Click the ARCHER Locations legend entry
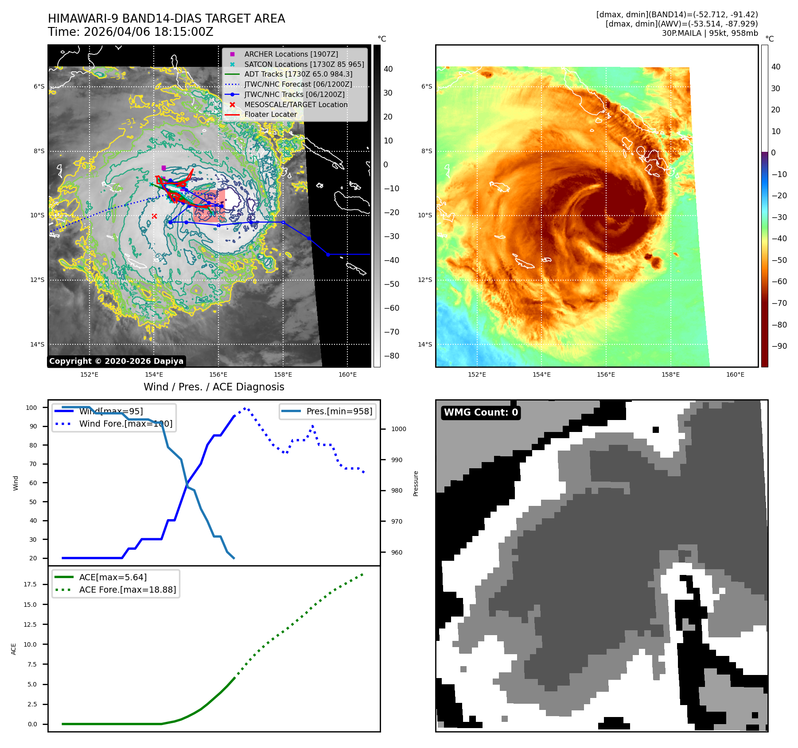(291, 54)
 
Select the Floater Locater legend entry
(270, 114)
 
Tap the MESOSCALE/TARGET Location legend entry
(296, 104)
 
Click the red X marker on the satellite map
(154, 216)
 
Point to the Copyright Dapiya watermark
(116, 361)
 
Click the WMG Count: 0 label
(481, 413)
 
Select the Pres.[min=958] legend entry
(339, 411)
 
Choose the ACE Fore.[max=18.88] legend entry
(127, 590)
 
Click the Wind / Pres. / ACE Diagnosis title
(214, 387)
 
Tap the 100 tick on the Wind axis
(31, 408)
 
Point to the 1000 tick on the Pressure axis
(398, 429)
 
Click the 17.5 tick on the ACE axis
(30, 584)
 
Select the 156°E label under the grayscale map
(218, 374)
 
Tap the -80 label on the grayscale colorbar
(391, 356)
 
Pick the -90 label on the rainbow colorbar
(779, 346)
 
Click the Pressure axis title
(416, 483)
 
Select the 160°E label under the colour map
(735, 374)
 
